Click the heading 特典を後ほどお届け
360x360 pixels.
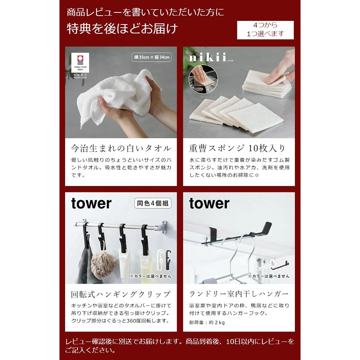pos(122,29)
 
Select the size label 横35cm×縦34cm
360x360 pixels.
pos(152,57)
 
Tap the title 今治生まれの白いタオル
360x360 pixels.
pos(121,148)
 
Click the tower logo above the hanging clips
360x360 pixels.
pos(91,203)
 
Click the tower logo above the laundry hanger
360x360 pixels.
pos(209,203)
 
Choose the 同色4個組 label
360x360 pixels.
pos(153,204)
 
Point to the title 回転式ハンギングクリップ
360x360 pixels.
pos(121,294)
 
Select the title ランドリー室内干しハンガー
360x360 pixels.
pos(239,294)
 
